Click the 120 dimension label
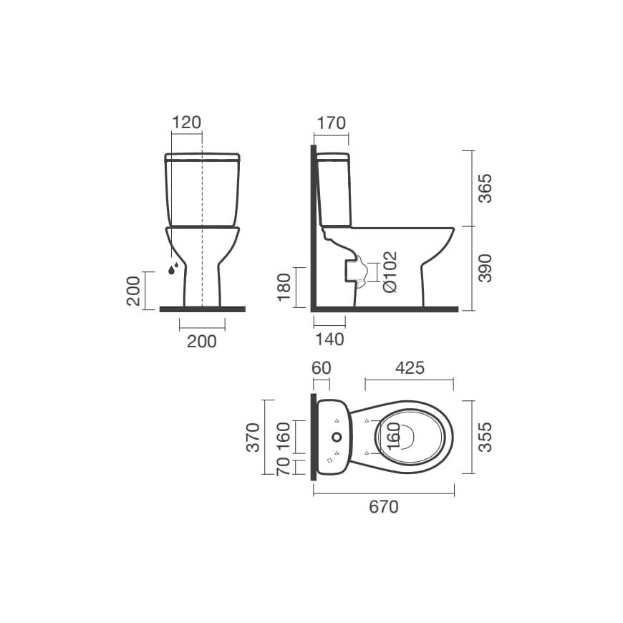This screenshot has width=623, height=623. click(x=186, y=122)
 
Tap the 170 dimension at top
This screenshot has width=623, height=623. click(x=331, y=123)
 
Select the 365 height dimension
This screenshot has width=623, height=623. click(x=484, y=188)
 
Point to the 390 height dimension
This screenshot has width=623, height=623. click(x=484, y=269)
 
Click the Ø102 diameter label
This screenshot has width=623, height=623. click(x=390, y=271)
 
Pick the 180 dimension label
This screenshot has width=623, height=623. click(x=284, y=287)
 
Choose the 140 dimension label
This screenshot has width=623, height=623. click(x=330, y=339)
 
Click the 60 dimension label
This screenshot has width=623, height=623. click(x=321, y=368)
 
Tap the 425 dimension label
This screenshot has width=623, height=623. click(x=410, y=368)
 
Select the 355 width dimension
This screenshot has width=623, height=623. click(x=484, y=437)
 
